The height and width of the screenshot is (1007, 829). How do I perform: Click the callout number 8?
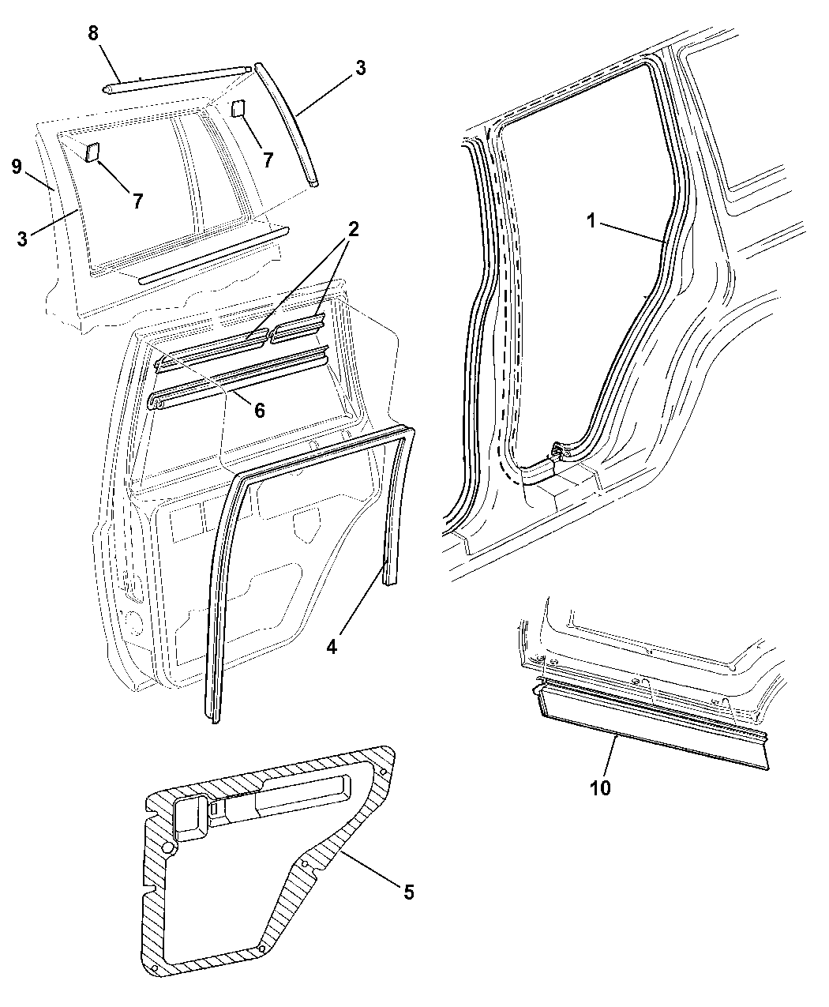[x=94, y=34]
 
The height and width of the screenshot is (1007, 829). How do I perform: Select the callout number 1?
[x=591, y=222]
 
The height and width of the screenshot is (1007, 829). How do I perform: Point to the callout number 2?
[x=352, y=230]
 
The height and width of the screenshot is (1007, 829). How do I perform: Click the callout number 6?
[x=259, y=410]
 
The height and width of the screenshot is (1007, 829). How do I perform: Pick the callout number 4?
[x=332, y=645]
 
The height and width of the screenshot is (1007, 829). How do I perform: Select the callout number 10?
[x=600, y=787]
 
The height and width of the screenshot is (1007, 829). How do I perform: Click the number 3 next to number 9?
[x=22, y=238]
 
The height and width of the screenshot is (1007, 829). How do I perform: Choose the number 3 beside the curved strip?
[x=360, y=68]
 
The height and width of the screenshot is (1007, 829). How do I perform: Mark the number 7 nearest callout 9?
[x=137, y=201]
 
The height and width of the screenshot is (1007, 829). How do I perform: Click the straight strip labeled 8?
[x=178, y=79]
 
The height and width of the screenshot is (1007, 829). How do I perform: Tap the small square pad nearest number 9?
[x=92, y=151]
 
